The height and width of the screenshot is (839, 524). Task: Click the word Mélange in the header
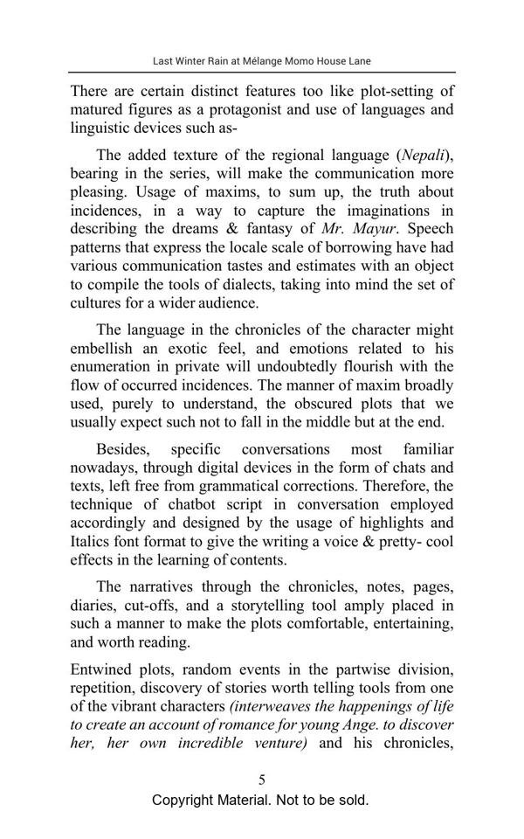(247, 61)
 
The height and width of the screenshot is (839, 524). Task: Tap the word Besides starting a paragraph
(124, 449)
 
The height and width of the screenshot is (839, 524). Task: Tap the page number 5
(262, 780)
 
